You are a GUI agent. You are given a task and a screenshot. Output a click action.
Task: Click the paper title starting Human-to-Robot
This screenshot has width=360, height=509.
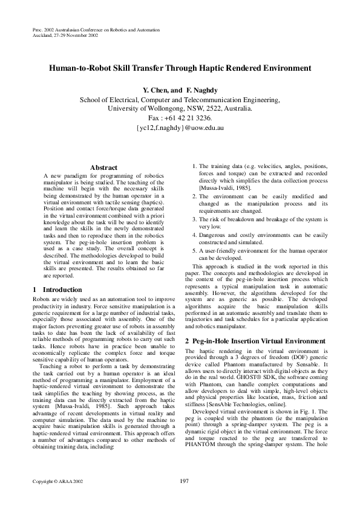[180, 68]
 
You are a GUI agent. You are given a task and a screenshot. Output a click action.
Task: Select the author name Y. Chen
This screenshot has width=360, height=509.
[155, 90]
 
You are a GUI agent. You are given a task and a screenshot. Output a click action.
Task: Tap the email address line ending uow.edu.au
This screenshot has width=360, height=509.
[180, 128]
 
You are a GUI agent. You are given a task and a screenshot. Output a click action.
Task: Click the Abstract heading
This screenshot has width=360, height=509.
[103, 167]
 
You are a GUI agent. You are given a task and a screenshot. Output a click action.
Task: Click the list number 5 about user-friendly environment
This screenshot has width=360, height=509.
[194, 250]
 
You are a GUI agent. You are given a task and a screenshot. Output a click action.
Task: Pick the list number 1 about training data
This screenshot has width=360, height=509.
[194, 166]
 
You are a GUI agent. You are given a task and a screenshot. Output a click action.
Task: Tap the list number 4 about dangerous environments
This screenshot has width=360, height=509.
[194, 235]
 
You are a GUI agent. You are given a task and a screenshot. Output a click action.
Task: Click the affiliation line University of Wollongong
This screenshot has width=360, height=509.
[180, 109]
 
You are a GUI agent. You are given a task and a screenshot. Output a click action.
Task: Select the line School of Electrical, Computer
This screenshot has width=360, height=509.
[180, 99]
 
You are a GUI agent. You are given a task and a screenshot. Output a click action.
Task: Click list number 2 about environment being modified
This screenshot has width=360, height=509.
[194, 196]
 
